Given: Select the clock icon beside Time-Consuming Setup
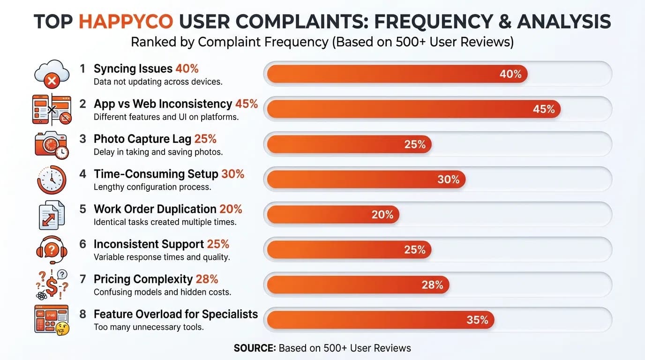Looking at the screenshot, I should [51, 179].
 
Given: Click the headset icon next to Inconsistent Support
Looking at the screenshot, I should [51, 249].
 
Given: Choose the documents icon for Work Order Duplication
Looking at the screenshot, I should [51, 214].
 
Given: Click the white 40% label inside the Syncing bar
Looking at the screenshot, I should [510, 74].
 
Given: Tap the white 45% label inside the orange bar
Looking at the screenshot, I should [544, 109].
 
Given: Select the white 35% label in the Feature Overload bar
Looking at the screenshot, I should [477, 320].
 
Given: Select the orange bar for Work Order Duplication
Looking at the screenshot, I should [333, 215].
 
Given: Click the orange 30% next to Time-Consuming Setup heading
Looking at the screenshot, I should [232, 174].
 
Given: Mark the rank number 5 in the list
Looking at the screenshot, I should [82, 209].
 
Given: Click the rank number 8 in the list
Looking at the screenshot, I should [82, 314].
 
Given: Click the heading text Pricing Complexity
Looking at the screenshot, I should [143, 279].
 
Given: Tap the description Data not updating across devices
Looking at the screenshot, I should [158, 82].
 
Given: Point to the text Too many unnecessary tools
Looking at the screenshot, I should [149, 327].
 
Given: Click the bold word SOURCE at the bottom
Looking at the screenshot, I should [255, 348].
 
